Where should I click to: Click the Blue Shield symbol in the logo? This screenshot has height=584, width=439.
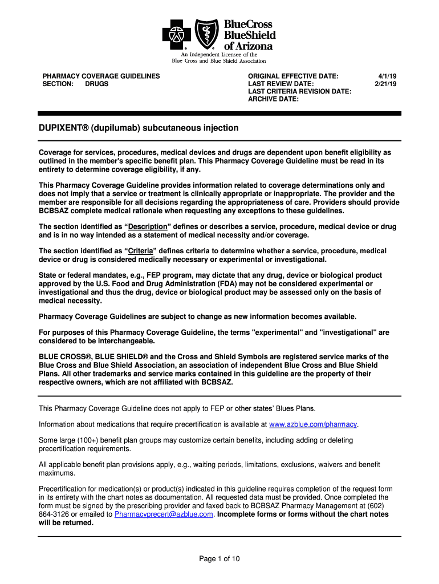click(206, 34)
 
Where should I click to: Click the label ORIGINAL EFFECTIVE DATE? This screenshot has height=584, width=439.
click(293, 76)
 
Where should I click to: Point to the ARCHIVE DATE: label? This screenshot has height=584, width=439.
click(273, 99)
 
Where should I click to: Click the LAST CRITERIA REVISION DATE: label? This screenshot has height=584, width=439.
click(299, 91)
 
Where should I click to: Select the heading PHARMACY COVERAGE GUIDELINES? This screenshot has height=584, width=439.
click(101, 76)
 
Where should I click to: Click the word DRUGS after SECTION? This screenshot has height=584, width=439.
click(97, 84)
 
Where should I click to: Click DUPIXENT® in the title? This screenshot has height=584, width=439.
click(62, 128)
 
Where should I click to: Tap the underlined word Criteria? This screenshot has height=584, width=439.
click(140, 251)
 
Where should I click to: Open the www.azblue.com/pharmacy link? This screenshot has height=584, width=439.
click(312, 424)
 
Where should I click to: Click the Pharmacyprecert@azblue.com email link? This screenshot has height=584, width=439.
click(164, 514)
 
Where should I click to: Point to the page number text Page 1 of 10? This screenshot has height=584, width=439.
click(219, 559)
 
